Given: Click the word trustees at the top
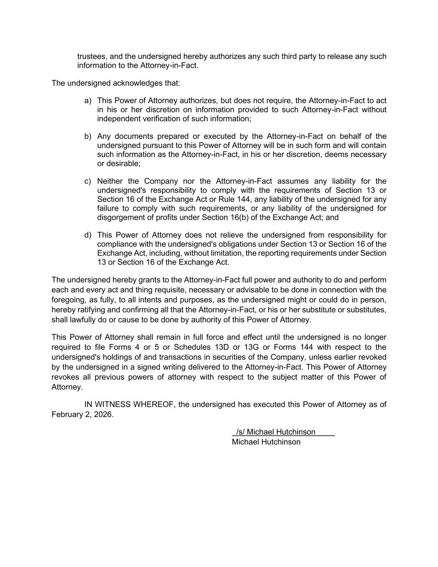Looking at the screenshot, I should (x=91, y=56).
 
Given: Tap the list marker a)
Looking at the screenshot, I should (x=88, y=101).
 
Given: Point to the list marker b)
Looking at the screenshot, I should (x=88, y=137).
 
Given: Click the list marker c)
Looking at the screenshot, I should (x=88, y=182).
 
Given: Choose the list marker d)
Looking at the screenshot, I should (x=88, y=236).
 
